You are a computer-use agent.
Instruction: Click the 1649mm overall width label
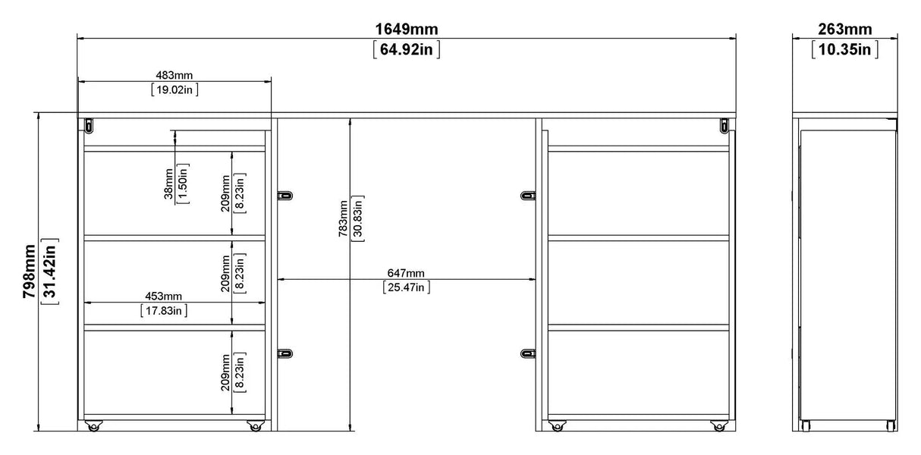406,29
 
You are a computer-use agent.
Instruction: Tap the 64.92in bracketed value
406,49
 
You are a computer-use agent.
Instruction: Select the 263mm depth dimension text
845,29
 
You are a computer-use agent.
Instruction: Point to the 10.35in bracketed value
845,49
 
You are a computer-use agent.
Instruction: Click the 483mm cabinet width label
174,75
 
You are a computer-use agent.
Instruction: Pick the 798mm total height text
29,271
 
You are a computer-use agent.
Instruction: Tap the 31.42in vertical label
50,271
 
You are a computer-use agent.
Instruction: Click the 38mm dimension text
168,184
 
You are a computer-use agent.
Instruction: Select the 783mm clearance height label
343,218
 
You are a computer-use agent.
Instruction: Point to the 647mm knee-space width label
406,273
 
